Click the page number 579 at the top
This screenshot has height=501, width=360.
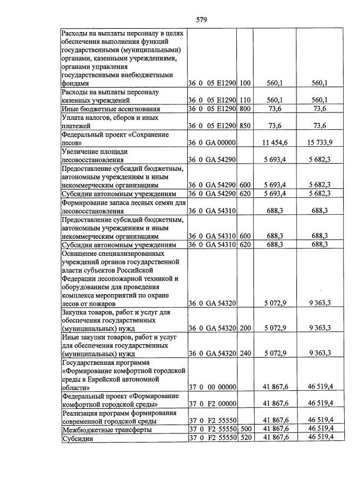tap(202, 20)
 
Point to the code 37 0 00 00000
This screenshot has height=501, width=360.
tap(211, 386)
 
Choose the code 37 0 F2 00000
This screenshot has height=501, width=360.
tap(211, 404)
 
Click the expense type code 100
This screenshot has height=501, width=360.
tap(245, 83)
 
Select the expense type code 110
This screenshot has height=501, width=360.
tap(245, 100)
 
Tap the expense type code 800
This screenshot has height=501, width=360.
tap(245, 109)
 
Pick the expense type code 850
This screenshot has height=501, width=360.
tap(245, 126)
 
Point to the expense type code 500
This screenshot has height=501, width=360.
tap(245, 430)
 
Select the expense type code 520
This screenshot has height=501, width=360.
tap(245, 438)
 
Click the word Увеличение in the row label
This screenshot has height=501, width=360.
tap(83, 152)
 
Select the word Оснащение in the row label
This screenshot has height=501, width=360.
tap(83, 252)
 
